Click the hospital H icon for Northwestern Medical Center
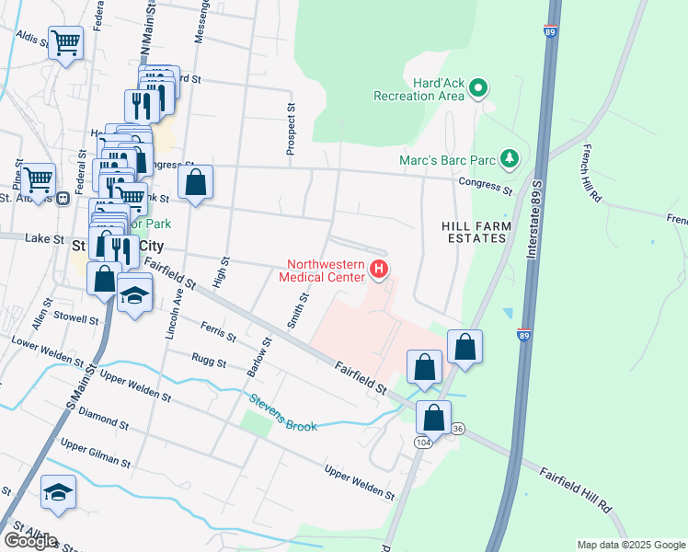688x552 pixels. pos(378,269)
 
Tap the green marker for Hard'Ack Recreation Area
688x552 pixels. pos(477,89)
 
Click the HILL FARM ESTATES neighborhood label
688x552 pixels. pos(474,232)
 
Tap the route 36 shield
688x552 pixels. pos(458,428)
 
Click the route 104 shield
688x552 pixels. pos(423,443)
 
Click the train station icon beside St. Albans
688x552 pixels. pos(63,198)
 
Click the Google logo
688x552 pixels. pos(30,541)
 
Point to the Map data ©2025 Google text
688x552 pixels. pos(631,545)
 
